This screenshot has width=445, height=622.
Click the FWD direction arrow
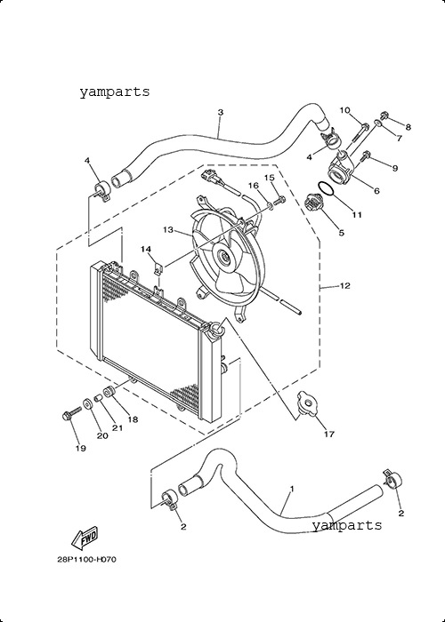(85, 538)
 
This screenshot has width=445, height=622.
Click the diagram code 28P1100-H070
(87, 560)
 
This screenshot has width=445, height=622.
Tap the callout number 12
(345, 285)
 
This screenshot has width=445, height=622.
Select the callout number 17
(329, 434)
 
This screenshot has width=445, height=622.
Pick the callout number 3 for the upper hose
(221, 112)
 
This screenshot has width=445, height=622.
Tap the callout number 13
(168, 229)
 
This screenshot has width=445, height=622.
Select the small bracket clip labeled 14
(158, 269)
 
